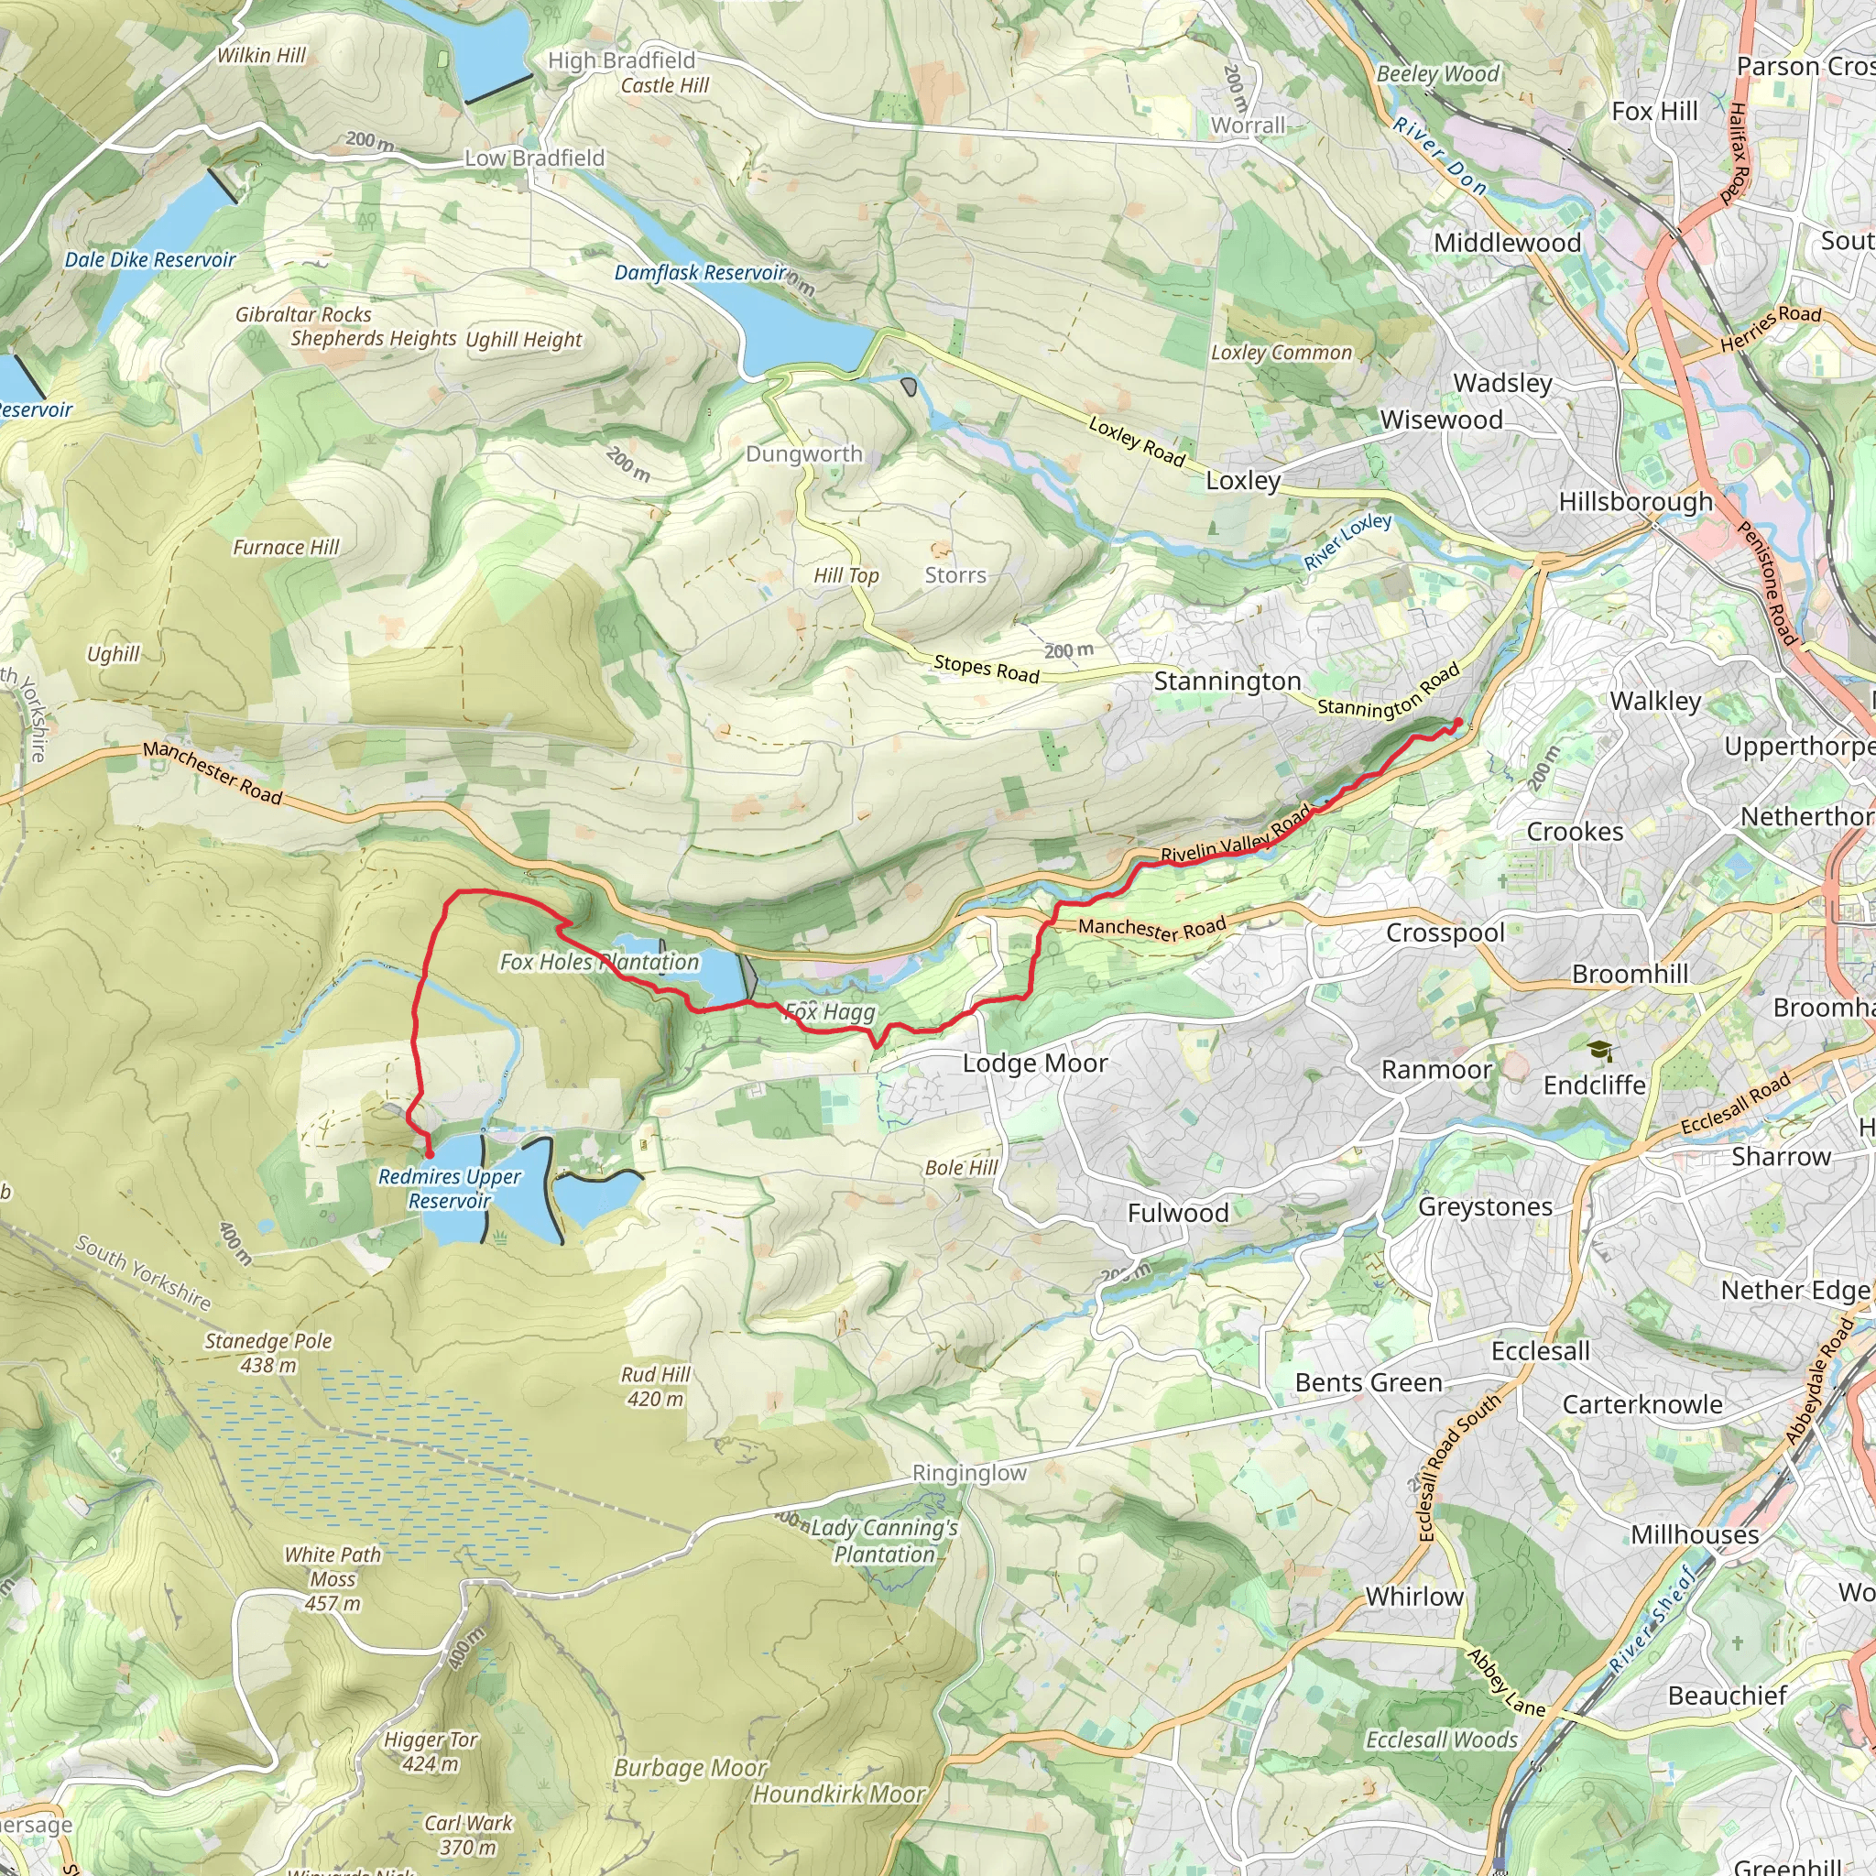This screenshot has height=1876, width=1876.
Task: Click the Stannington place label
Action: [x=1227, y=682]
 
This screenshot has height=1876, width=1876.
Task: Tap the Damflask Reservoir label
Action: [x=699, y=273]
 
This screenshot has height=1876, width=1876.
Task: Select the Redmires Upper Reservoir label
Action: [x=450, y=1188]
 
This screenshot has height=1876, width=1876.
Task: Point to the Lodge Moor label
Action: [x=1035, y=1063]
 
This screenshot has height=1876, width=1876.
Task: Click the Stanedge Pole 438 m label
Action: [x=268, y=1353]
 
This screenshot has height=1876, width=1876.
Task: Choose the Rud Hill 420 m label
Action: [x=656, y=1387]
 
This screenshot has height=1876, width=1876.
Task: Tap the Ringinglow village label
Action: [x=969, y=1473]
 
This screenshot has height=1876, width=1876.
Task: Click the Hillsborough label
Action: [x=1635, y=502]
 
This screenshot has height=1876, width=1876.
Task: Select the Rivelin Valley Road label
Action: [x=1235, y=835]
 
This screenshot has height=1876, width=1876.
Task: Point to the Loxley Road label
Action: [x=1136, y=442]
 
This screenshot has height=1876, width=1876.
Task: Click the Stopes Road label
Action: [x=987, y=669]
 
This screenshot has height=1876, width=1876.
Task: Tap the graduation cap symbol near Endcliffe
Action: [x=1599, y=1051]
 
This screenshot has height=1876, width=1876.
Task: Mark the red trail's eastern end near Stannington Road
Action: [x=1458, y=722]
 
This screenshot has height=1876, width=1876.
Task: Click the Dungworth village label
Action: [x=804, y=454]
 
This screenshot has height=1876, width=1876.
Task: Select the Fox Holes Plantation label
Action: [x=599, y=963]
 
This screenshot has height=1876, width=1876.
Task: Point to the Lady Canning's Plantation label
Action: [x=884, y=1541]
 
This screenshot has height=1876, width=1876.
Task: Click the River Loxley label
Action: [x=1347, y=542]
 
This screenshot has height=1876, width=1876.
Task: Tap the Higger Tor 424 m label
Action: [x=431, y=1751]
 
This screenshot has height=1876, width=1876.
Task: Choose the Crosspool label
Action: [x=1445, y=933]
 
